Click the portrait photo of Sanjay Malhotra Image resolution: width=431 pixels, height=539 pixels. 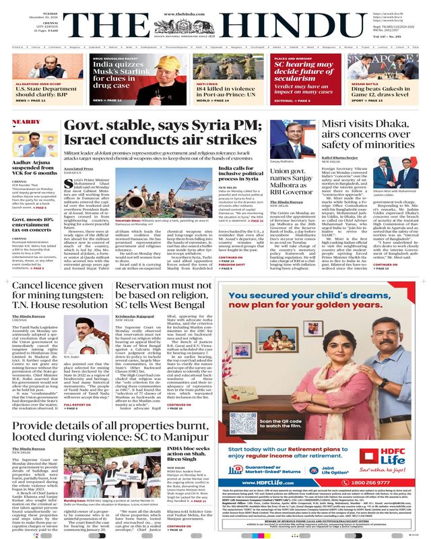tap(296, 144)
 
